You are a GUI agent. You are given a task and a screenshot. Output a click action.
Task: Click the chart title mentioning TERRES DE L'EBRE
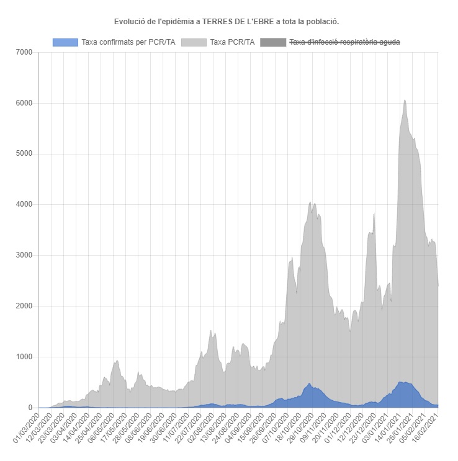pos(227,22)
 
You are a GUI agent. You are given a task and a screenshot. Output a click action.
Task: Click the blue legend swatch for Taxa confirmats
pos(65,42)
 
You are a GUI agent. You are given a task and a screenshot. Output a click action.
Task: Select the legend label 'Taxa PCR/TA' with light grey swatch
pos(232,42)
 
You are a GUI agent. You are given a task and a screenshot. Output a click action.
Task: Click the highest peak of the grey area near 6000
pos(405,101)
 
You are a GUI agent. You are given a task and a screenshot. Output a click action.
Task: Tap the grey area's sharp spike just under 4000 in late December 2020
pos(374,214)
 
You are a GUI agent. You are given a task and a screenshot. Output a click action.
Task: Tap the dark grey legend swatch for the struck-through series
pos(273,42)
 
